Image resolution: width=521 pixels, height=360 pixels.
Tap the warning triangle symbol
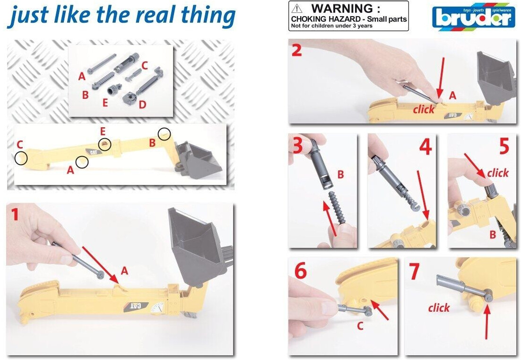click(297, 9)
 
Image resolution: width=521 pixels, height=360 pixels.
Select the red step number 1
click(15, 214)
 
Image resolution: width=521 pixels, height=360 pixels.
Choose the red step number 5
click(504, 146)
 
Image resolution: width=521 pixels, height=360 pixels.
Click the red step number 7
click(414, 272)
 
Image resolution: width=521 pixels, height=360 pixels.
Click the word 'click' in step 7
click(439, 307)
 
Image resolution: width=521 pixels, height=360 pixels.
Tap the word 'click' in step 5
click(498, 173)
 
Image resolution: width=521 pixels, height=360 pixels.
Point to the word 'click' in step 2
click(424, 109)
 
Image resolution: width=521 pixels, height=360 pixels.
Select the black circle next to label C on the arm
click(15, 158)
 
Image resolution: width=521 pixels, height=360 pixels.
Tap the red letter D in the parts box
click(142, 105)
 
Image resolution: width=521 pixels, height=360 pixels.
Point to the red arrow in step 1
click(100, 264)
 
